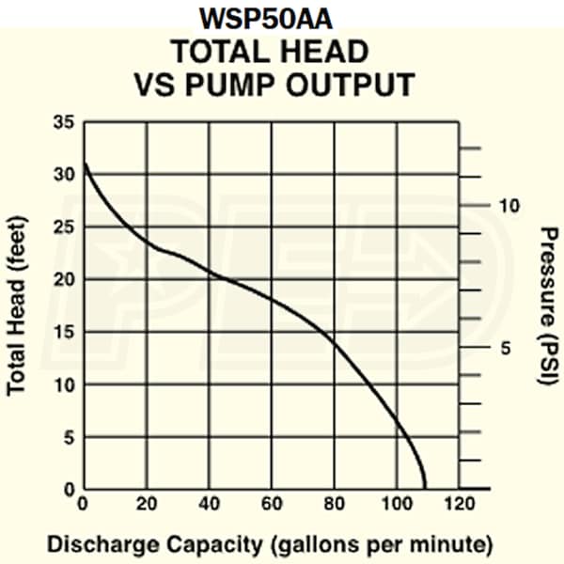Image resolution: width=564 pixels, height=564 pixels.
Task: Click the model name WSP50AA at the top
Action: pyautogui.click(x=281, y=19)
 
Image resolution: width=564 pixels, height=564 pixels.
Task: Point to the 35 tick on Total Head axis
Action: pyautogui.click(x=63, y=122)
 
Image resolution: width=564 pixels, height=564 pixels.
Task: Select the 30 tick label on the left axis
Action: pyautogui.click(x=63, y=175)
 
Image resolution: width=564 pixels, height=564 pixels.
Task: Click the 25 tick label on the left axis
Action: pyautogui.click(x=63, y=227)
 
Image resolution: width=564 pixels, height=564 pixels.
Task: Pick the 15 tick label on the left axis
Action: pyautogui.click(x=63, y=333)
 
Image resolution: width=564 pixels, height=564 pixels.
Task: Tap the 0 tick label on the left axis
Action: pyautogui.click(x=68, y=490)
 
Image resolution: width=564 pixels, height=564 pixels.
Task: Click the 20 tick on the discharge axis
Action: pyautogui.click(x=146, y=504)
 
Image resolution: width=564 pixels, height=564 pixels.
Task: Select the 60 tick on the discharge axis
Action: pyautogui.click(x=272, y=504)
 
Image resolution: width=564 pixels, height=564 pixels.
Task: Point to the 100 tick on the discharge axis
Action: pyautogui.click(x=396, y=504)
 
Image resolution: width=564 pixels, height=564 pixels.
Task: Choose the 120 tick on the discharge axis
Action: pyautogui.click(x=460, y=504)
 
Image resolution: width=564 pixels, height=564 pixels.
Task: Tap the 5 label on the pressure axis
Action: pyautogui.click(x=503, y=349)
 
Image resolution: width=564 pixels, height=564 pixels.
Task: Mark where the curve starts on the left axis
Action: pyautogui.click(x=86, y=164)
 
